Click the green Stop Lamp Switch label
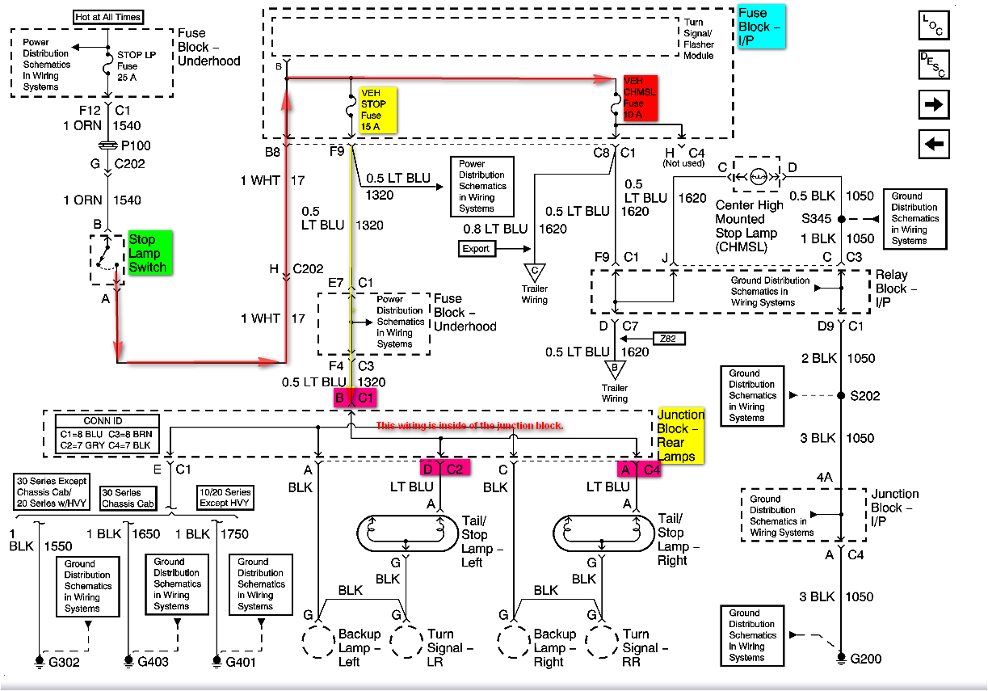(147, 253)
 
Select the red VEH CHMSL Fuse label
(640, 99)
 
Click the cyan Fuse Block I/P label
(760, 26)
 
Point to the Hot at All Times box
(107, 17)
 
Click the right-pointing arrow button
(934, 105)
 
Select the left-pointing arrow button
(934, 144)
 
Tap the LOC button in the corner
(934, 24)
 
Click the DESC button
(934, 65)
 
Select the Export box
(475, 248)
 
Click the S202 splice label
(865, 396)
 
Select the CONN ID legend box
(103, 434)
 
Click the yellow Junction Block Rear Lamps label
(680, 436)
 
